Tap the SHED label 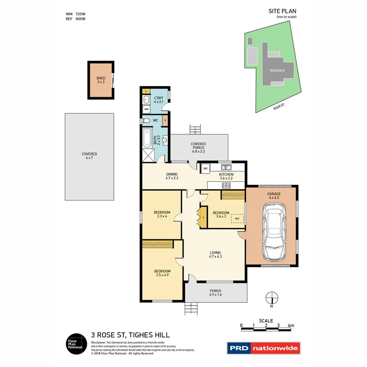coord(101,78)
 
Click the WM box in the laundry coord(146,109)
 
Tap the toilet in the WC coord(145,121)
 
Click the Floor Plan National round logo coord(76,343)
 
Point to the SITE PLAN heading coord(282,12)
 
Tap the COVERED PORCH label coord(198,146)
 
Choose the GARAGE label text coord(274,194)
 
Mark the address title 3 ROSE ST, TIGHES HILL coord(130,335)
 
